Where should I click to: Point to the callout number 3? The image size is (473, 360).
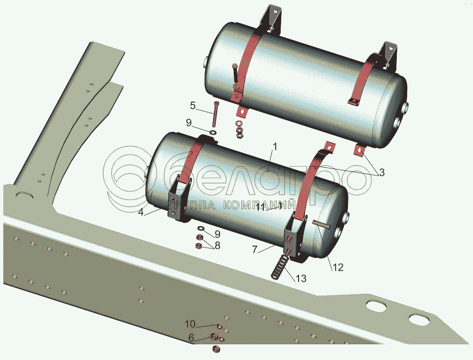pyautogui.click(x=382, y=173)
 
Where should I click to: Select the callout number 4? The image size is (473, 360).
pyautogui.click(x=141, y=212)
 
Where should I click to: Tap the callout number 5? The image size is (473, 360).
pyautogui.click(x=193, y=104)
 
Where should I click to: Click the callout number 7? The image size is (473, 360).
pyautogui.click(x=254, y=249)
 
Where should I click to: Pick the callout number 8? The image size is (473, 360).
pyautogui.click(x=218, y=245)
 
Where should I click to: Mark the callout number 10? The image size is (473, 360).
pyautogui.click(x=189, y=324)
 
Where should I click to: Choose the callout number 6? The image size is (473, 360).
pyautogui.click(x=191, y=337)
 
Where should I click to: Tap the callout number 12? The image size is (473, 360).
pyautogui.click(x=339, y=267)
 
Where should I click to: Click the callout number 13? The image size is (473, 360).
pyautogui.click(x=301, y=278)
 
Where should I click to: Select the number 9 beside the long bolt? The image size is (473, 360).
pyautogui.click(x=189, y=123)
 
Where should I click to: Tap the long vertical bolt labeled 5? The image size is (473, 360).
pyautogui.click(x=215, y=115)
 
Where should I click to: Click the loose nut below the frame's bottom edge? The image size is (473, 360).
pyautogui.click(x=216, y=348)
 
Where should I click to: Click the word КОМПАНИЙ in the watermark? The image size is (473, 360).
pyautogui.click(x=252, y=205)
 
